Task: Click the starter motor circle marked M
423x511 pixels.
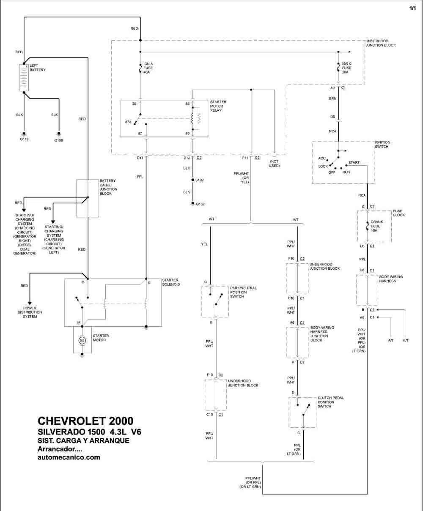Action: (82, 340)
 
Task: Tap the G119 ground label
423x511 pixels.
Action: (24, 139)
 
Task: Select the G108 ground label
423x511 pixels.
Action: (58, 140)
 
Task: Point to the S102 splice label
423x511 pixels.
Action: (199, 180)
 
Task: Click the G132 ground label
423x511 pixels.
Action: (200, 204)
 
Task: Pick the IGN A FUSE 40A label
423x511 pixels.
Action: (148, 68)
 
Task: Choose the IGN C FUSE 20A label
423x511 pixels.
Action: (346, 68)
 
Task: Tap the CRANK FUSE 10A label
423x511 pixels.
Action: (377, 226)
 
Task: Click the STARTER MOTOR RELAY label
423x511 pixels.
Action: (218, 106)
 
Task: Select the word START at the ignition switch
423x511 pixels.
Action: (354, 162)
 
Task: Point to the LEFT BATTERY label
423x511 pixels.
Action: (38, 68)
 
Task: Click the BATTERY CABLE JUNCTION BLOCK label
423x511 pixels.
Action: (108, 187)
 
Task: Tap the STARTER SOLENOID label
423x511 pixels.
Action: (171, 282)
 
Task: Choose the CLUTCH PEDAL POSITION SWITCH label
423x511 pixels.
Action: (331, 402)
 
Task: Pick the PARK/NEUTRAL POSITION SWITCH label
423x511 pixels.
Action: (243, 292)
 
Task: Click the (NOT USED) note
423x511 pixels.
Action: (274, 164)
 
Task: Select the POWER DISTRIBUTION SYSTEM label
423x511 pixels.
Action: (30, 312)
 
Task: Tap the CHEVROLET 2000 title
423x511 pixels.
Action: (85, 421)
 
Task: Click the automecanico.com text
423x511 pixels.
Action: (69, 457)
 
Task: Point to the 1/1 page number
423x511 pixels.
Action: (412, 8)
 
